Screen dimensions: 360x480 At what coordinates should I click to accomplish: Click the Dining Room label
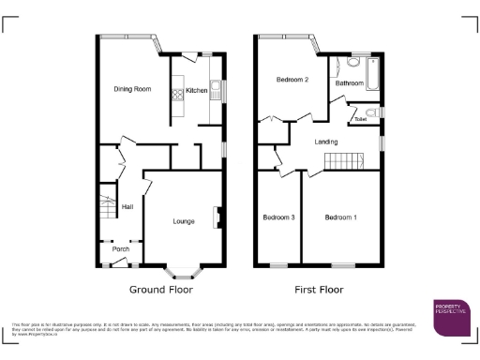pyautogui.click(x=132, y=89)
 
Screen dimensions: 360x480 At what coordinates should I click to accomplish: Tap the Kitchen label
pyautogui.click(x=197, y=91)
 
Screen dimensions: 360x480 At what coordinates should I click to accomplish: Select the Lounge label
pyautogui.click(x=184, y=221)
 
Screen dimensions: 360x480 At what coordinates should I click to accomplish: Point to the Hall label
pyautogui.click(x=127, y=207)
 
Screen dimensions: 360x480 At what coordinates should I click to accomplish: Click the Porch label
pyautogui.click(x=121, y=249)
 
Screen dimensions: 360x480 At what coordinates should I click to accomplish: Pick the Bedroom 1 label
pyautogui.click(x=340, y=217)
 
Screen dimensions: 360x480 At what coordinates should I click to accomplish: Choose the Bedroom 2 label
pyautogui.click(x=292, y=81)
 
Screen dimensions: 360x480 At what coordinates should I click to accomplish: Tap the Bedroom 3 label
pyautogui.click(x=279, y=217)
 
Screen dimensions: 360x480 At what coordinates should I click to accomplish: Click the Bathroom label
pyautogui.click(x=351, y=83)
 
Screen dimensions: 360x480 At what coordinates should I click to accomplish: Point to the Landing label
pyautogui.click(x=326, y=142)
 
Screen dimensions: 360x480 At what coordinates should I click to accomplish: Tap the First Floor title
pyautogui.click(x=320, y=290)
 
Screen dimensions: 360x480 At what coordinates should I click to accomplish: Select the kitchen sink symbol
pyautogui.click(x=215, y=90)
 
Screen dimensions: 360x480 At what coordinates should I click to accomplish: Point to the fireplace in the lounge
pyautogui.click(x=217, y=217)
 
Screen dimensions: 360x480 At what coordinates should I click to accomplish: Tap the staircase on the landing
pyautogui.click(x=343, y=161)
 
